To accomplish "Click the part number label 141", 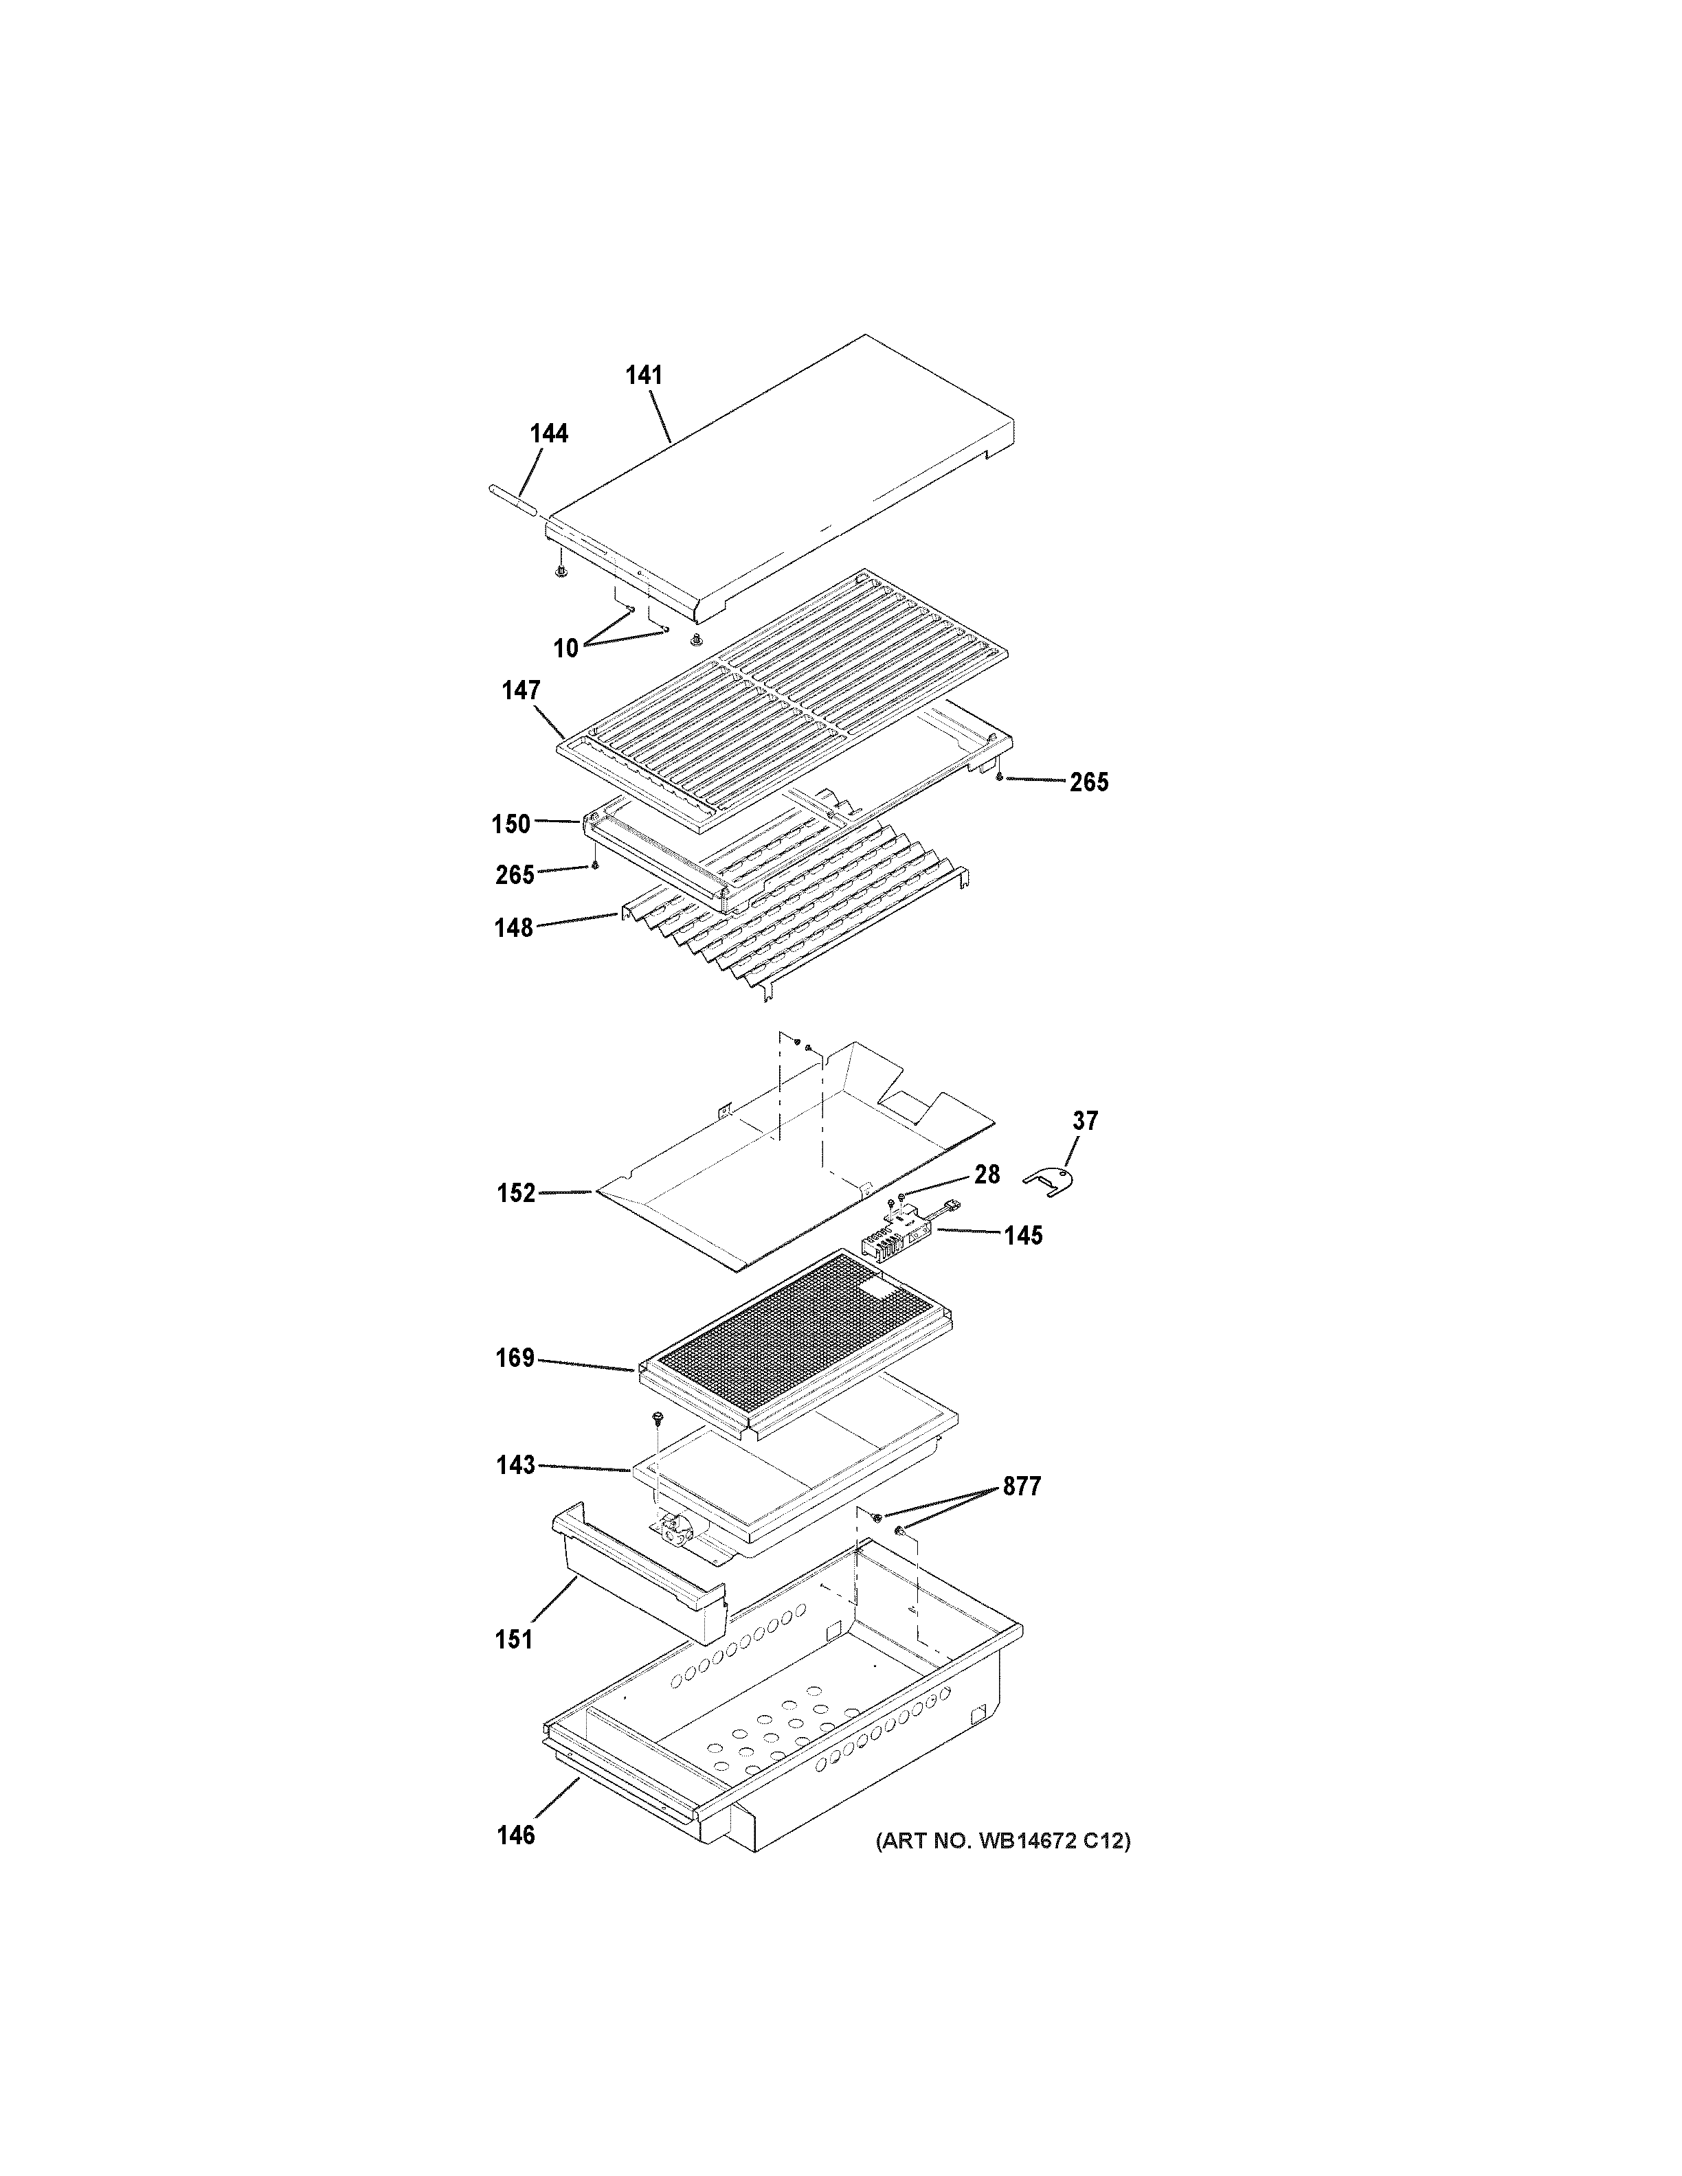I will [644, 376].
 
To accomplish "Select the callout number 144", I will [549, 433].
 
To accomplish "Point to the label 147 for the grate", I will [520, 690].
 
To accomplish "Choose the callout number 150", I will [511, 824].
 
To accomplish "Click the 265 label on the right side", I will [1089, 782].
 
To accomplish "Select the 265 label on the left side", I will [515, 875].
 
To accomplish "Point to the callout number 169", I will [515, 1358].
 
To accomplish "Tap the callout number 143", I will [516, 1466].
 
